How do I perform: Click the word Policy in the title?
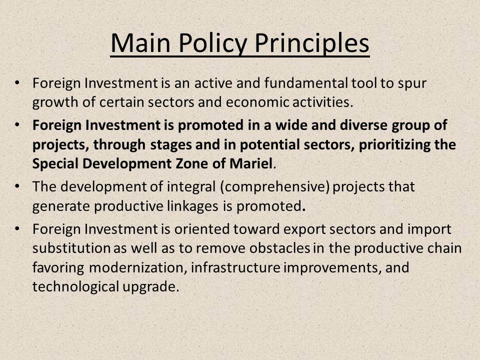click(x=213, y=43)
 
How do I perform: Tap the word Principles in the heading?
click(x=311, y=43)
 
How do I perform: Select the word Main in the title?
click(x=140, y=43)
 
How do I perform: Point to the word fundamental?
click(x=306, y=83)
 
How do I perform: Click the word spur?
click(x=412, y=84)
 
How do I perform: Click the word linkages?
click(x=192, y=206)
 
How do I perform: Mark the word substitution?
click(x=71, y=248)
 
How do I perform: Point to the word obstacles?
click(x=280, y=248)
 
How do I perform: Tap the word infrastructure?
click(x=235, y=267)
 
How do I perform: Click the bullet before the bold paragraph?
click(x=17, y=125)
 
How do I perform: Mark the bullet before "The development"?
click(x=17, y=186)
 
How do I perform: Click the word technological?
click(x=75, y=287)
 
